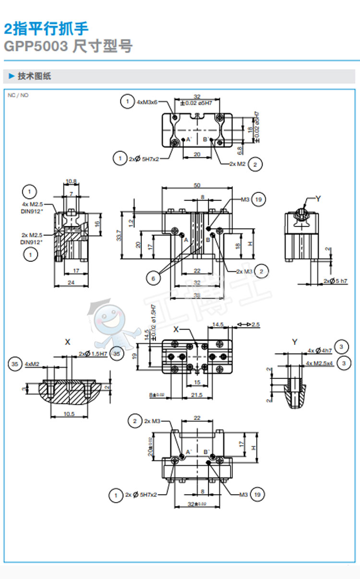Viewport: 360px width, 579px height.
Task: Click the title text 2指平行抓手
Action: pos(46,29)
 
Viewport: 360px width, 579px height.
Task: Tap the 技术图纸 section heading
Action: pos(34,76)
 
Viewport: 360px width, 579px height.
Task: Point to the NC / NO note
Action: pos(18,95)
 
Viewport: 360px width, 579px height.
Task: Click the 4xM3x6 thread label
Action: pos(147,102)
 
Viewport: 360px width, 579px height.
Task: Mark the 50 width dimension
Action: pos(197,185)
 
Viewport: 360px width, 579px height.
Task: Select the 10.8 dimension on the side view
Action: pos(71,181)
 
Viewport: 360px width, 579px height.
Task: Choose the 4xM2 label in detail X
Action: pos(33,365)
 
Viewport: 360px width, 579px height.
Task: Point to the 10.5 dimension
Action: pos(70,414)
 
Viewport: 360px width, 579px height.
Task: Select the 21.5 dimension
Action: pos(196,395)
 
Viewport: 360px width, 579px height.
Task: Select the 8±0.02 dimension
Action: pos(157,395)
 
